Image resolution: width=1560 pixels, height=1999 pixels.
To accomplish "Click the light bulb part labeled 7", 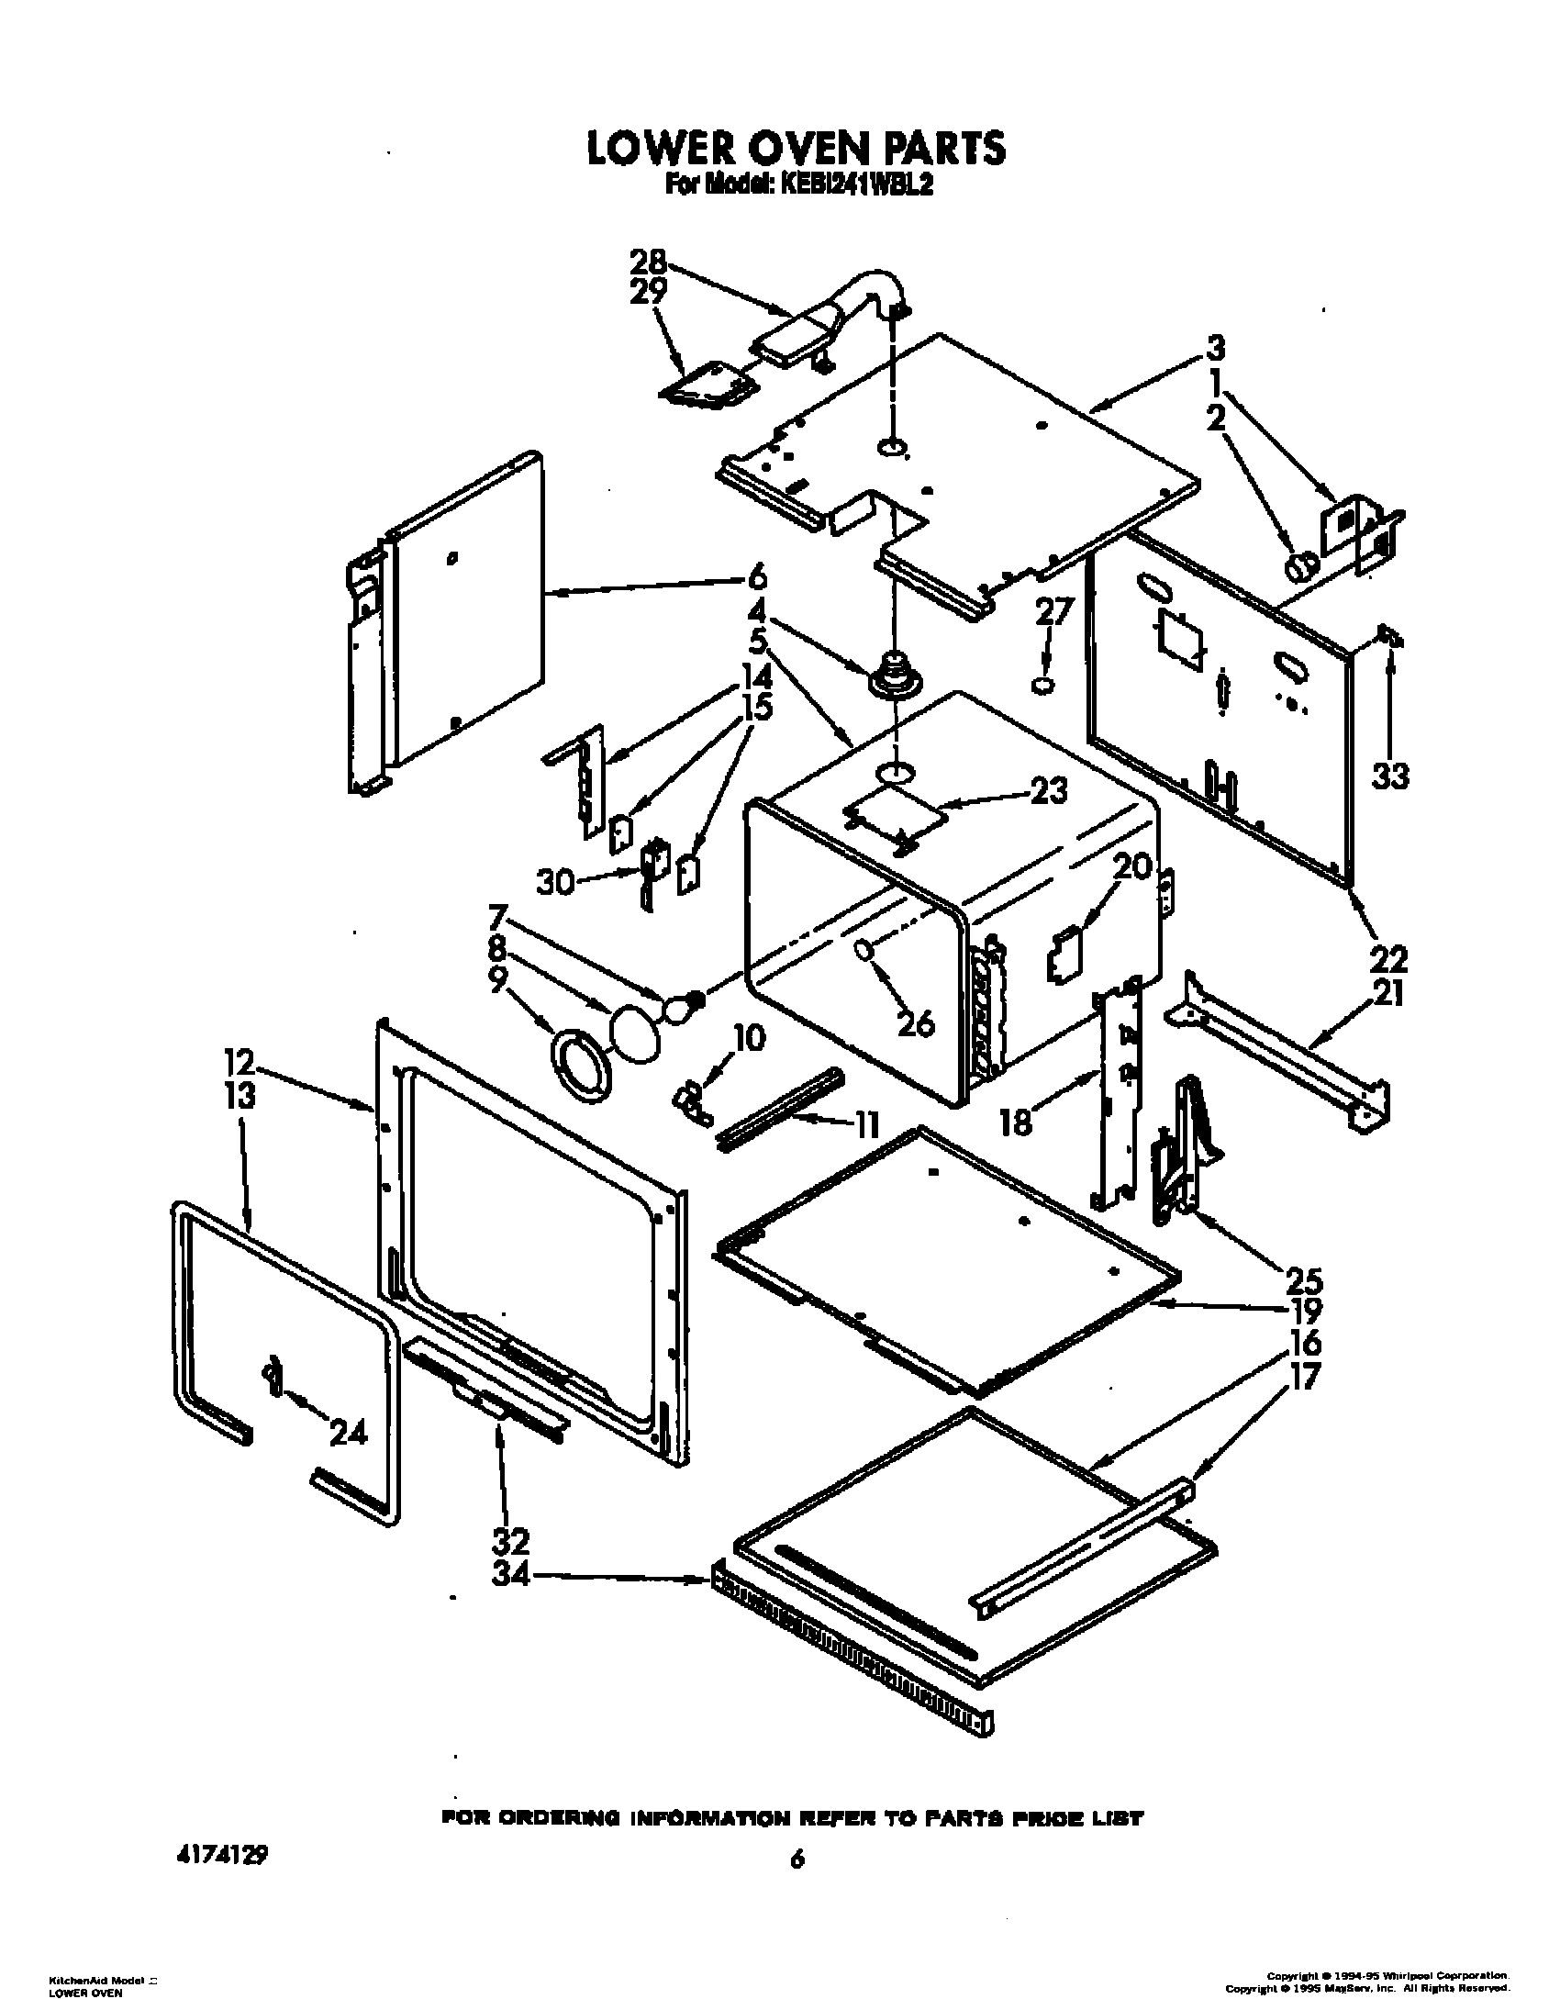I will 680,1008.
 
